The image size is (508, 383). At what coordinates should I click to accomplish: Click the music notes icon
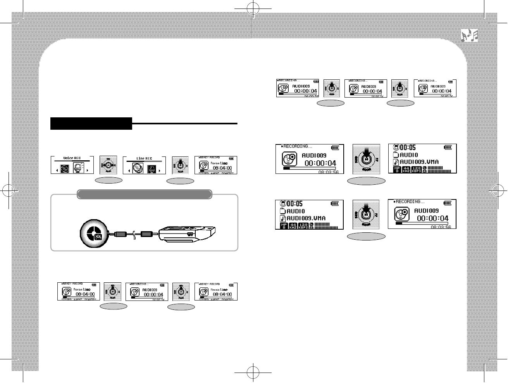coord(469,36)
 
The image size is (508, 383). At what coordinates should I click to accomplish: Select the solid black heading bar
coord(91,124)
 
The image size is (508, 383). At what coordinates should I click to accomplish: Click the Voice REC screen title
coord(72,158)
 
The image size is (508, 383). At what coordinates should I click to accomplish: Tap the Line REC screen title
coord(144,158)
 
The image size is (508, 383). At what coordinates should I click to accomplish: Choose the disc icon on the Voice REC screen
coord(65,169)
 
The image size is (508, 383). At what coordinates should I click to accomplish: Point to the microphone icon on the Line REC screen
coord(152,169)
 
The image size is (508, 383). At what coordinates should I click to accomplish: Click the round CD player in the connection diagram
coord(93,234)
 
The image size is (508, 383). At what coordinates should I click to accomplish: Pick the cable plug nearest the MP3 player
coord(147,234)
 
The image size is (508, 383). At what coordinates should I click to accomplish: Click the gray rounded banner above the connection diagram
coord(144,194)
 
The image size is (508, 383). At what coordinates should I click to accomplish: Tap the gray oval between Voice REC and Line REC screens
coord(109,180)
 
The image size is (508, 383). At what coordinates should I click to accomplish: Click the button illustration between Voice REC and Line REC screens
coord(109,165)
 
